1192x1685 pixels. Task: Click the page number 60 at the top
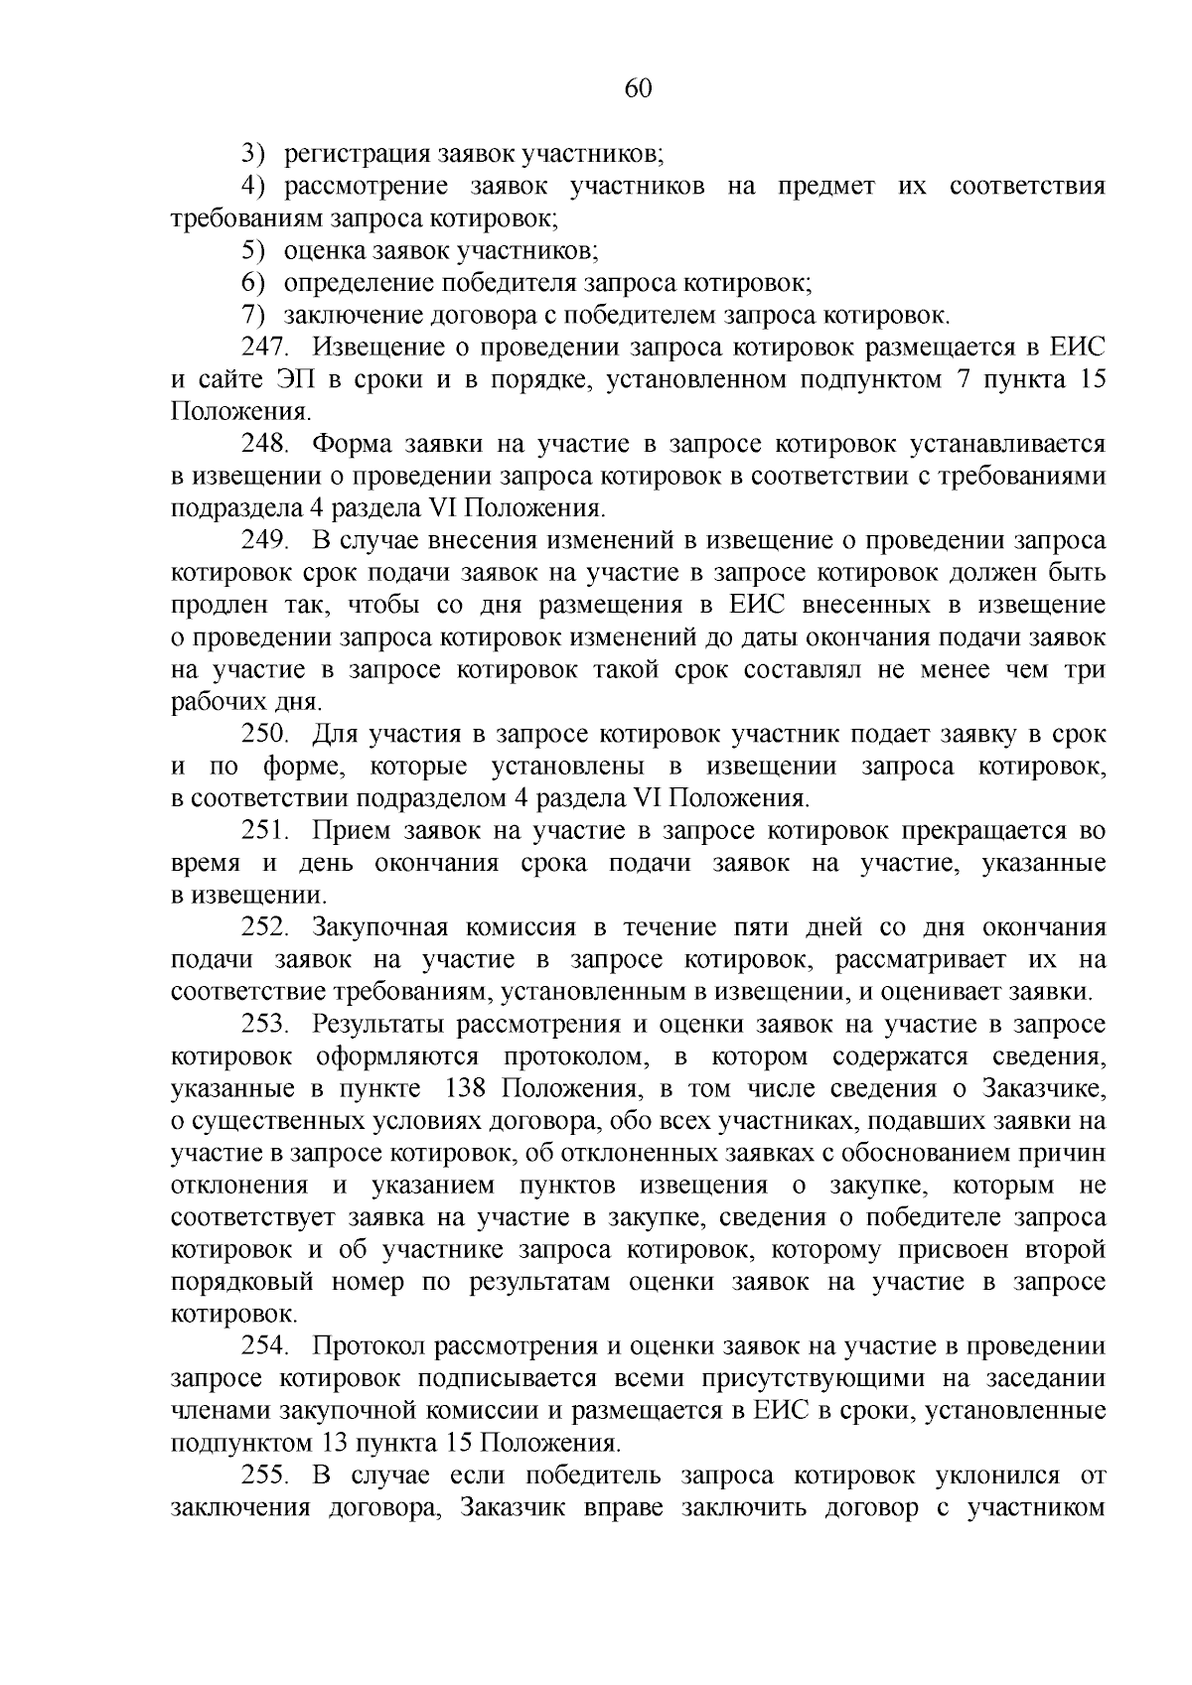coord(638,89)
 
